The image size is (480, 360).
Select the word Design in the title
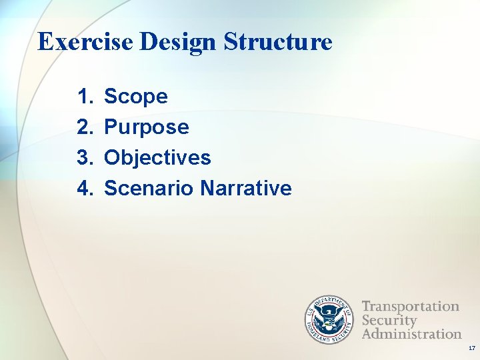pyautogui.click(x=179, y=41)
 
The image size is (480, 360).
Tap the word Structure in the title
pyautogui.click(x=278, y=41)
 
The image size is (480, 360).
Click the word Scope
pyautogui.click(x=136, y=97)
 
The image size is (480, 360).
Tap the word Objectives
pyautogui.click(x=157, y=158)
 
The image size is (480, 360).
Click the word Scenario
pyautogui.click(x=149, y=189)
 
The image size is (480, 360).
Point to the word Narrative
pyautogui.click(x=245, y=189)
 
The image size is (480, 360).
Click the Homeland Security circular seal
pyautogui.click(x=329, y=319)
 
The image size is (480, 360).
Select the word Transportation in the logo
pyautogui.click(x=411, y=307)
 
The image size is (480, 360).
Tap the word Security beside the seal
pyautogui.click(x=389, y=321)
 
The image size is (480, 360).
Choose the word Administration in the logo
pyautogui.click(x=412, y=333)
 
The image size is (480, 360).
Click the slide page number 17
pyautogui.click(x=471, y=349)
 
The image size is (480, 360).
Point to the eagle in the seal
pyautogui.click(x=329, y=319)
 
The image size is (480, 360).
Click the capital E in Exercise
pyautogui.click(x=45, y=41)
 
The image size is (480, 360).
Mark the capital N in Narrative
pyautogui.click(x=206, y=189)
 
